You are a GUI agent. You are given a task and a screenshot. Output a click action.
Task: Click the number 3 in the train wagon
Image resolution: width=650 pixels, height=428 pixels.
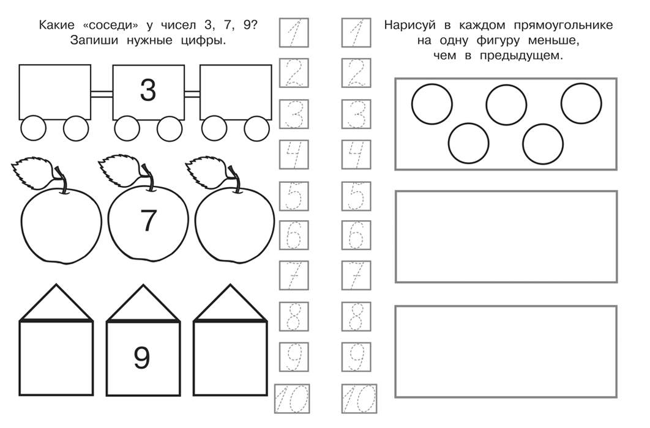point(148,90)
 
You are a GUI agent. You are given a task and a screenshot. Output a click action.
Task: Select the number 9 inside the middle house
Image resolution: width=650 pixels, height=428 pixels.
point(142,358)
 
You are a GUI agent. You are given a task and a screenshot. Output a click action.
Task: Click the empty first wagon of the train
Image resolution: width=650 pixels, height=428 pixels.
point(54,92)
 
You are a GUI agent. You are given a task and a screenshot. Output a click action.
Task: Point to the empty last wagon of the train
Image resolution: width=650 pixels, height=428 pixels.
point(236,92)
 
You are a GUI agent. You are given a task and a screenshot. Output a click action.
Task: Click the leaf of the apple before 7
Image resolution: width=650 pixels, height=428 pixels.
point(32,171)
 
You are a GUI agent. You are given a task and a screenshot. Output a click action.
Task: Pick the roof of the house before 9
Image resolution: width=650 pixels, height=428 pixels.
point(56,303)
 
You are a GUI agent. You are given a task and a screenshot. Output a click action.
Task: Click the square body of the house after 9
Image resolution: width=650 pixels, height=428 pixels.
point(230,358)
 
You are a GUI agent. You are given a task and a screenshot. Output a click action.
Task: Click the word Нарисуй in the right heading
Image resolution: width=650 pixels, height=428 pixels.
point(409,25)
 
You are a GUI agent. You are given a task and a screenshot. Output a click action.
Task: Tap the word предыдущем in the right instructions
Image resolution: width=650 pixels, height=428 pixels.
point(521,56)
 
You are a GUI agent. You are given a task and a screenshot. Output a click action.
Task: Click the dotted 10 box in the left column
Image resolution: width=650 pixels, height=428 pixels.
point(292,399)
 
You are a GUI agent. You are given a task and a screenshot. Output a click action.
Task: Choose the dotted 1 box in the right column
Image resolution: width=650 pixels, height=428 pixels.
point(356,32)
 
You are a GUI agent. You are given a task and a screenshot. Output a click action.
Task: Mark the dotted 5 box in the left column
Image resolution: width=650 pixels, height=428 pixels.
point(294,196)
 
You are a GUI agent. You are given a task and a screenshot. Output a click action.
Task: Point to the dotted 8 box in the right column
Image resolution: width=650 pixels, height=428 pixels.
point(356,317)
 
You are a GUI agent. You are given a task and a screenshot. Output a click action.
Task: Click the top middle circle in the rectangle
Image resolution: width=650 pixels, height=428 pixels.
point(506,105)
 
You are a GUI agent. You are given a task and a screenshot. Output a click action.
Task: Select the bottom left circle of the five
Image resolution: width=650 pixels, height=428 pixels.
point(468,143)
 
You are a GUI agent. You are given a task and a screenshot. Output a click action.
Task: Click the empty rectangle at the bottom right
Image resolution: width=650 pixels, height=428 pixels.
point(506,352)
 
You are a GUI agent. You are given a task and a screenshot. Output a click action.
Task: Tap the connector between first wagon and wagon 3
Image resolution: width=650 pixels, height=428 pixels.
point(102,94)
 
